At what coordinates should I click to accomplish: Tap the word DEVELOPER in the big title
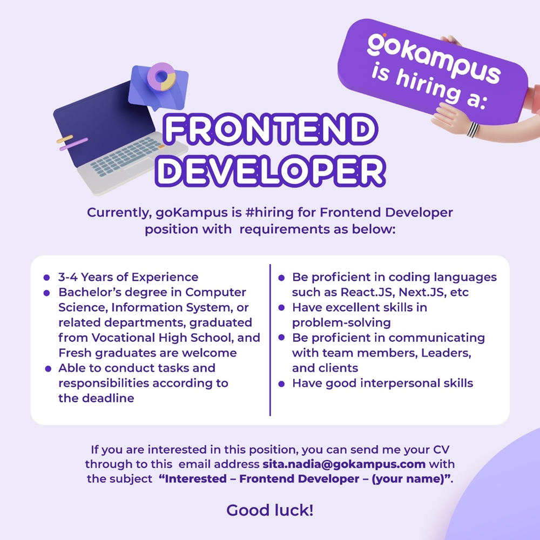(x=271, y=171)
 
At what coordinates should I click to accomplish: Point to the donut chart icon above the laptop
(x=162, y=77)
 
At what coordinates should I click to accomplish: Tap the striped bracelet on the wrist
(x=473, y=130)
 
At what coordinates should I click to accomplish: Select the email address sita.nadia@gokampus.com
(x=343, y=464)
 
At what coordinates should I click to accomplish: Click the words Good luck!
(x=270, y=510)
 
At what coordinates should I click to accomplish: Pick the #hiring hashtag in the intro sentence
(x=269, y=212)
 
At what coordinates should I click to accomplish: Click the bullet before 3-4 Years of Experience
(x=47, y=278)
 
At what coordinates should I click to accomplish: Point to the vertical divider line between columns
(x=270, y=340)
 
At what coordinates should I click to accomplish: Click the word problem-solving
(x=341, y=323)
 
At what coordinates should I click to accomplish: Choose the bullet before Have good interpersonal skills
(x=281, y=383)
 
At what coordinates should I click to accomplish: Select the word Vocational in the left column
(x=122, y=338)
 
